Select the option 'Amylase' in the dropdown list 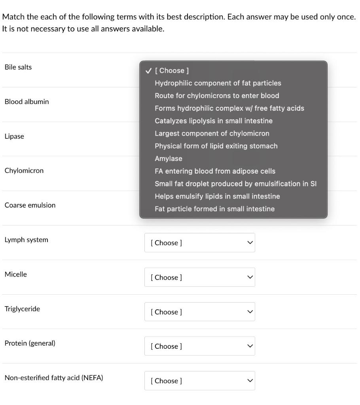(169, 159)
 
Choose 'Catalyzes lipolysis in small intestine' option (214, 121)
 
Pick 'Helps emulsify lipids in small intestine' (217, 197)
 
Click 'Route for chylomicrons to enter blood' (217, 96)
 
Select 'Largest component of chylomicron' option (212, 134)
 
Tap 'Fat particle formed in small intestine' (214, 209)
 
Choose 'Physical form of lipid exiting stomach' (216, 146)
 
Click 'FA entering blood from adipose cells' (215, 171)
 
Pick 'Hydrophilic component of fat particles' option (218, 83)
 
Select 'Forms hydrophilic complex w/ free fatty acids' (229, 108)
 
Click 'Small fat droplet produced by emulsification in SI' (236, 184)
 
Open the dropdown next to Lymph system (199, 243)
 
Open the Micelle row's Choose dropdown (199, 277)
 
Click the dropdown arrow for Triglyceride (249, 312)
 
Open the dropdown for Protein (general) (199, 346)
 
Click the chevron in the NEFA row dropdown (249, 380)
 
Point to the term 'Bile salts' (18, 67)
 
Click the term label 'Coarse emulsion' (30, 205)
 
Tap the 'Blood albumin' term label (27, 102)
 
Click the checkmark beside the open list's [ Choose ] (148, 71)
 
